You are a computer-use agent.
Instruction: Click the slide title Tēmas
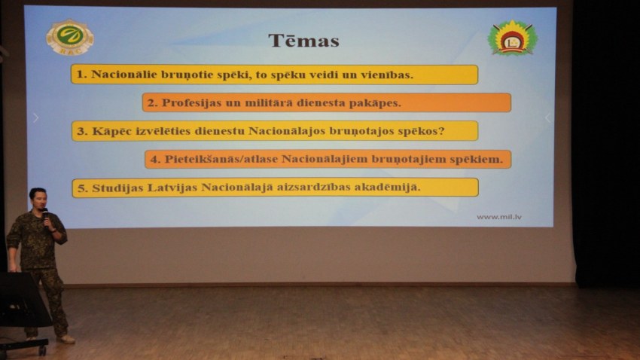click(303, 41)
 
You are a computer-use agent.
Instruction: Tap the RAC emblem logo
click(70, 37)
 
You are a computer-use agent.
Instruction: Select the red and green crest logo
click(512, 38)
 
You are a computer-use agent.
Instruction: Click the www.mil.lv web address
click(498, 217)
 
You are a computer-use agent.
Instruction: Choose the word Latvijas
click(172, 188)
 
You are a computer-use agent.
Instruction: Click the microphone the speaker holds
click(46, 216)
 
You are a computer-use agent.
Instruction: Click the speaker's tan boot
click(66, 339)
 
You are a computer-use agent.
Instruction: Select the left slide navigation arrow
click(36, 118)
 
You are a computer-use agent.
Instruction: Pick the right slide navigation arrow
click(547, 118)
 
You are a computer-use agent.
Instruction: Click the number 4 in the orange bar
click(154, 160)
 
